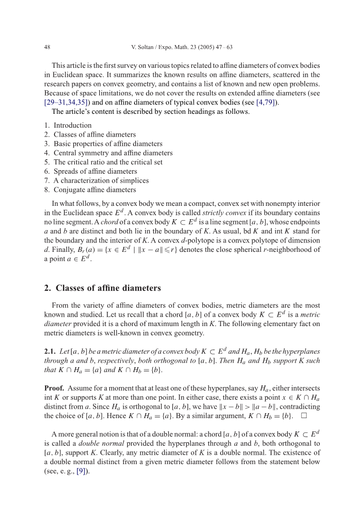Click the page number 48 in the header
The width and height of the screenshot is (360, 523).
pos(48,48)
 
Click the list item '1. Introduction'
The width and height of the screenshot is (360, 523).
pos(68,126)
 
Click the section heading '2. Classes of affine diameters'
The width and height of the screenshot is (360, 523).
pos(102,288)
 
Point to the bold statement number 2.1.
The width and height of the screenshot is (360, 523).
pos(50,351)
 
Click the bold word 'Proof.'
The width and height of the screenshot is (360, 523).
pos(54,388)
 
